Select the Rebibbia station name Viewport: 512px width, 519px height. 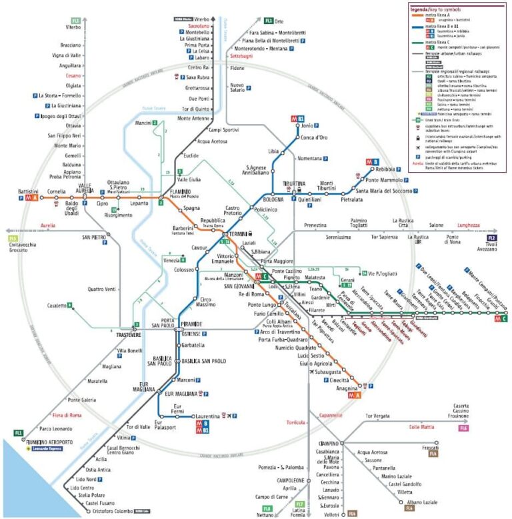(x=385, y=169)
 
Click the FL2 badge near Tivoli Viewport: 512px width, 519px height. (x=492, y=237)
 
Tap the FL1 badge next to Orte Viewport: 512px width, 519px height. (x=269, y=21)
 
